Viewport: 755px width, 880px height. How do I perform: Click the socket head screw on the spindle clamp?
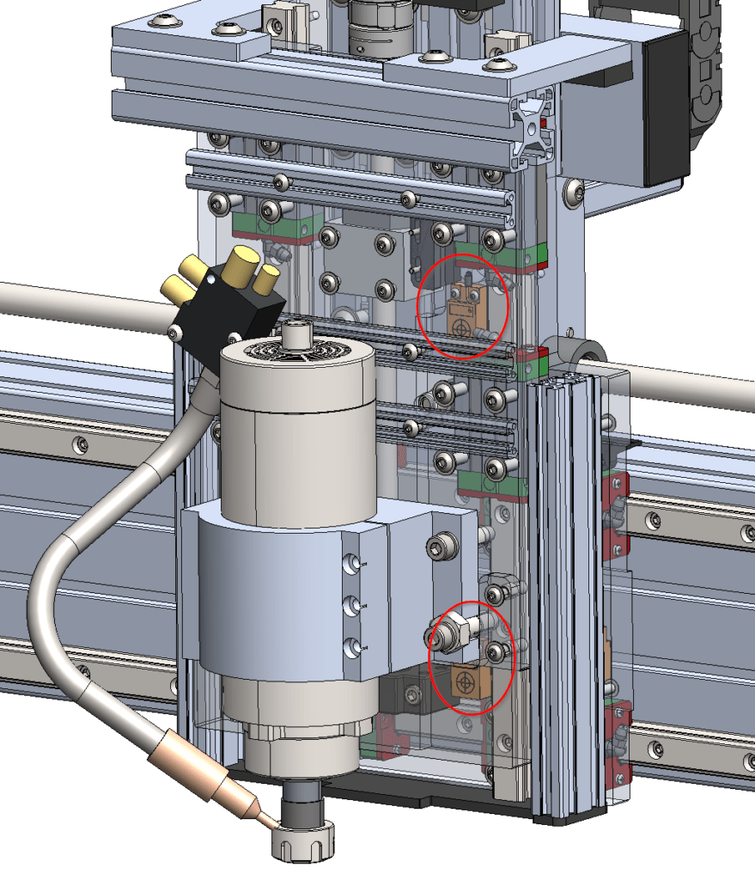pos(437,546)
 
